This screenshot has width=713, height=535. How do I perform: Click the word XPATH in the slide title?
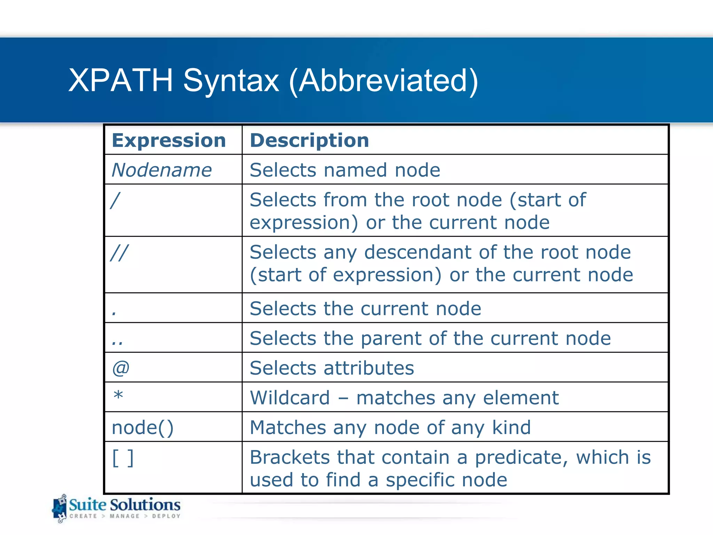coord(120,80)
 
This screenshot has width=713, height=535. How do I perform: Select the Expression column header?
coord(169,140)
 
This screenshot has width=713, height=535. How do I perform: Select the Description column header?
coord(310,140)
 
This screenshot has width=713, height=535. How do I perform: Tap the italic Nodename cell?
coord(162,170)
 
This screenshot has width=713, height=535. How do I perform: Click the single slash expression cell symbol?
coord(115,201)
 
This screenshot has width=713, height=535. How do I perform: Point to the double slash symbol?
coord(119,253)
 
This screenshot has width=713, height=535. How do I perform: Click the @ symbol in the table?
coord(121,368)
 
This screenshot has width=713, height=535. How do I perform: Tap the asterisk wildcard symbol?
coord(118,396)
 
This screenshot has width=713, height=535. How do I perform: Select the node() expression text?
coord(142,428)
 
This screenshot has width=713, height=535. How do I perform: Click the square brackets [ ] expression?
coord(123,458)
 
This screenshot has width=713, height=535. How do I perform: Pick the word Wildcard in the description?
coord(290,398)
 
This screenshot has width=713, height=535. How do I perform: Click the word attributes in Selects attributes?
coord(369,368)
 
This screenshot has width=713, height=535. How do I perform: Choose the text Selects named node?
coord(345,170)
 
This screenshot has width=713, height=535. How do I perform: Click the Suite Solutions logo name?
coord(125,505)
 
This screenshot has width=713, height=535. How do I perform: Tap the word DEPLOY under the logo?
coord(166,516)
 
